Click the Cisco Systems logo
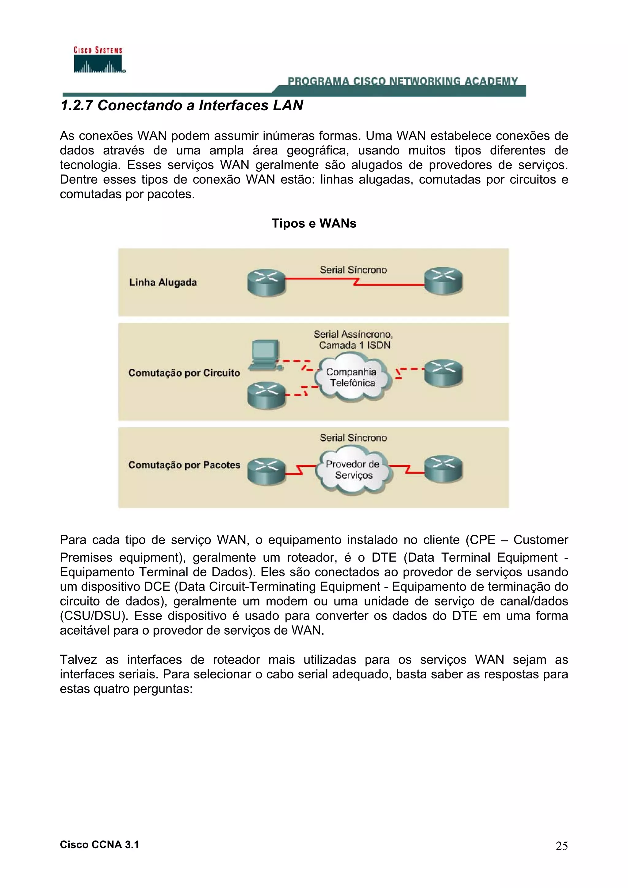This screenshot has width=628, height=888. click(x=99, y=60)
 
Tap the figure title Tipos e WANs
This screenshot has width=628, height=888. click(x=314, y=224)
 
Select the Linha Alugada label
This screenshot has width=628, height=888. click(x=163, y=282)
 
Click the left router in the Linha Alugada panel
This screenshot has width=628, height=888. click(x=266, y=283)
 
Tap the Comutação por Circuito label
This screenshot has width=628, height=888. click(x=184, y=373)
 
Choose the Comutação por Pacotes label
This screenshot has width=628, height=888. click(x=184, y=465)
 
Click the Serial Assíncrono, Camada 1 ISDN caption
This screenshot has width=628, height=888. click(x=353, y=340)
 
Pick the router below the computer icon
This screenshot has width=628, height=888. click(x=266, y=395)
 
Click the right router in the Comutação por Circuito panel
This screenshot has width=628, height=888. click(x=443, y=373)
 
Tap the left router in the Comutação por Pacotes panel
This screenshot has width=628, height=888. click(x=266, y=472)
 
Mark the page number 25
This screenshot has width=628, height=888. click(x=561, y=846)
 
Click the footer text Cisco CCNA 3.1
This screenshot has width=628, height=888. click(x=99, y=845)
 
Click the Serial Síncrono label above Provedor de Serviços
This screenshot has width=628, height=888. click(x=353, y=438)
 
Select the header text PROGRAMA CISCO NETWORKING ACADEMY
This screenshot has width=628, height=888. click(x=402, y=81)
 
